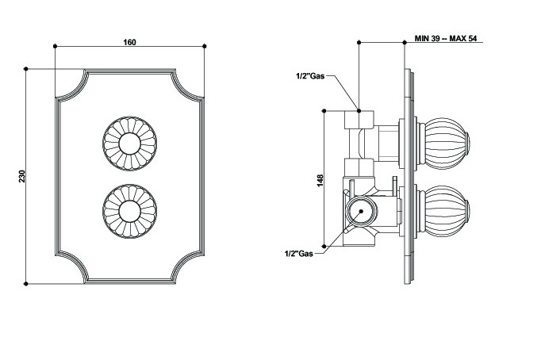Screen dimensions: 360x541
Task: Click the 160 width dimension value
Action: tap(129, 42)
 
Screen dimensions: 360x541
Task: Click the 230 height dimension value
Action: tap(23, 175)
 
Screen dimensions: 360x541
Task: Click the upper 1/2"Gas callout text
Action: tap(309, 76)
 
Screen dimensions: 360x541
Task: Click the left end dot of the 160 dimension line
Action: tap(55, 47)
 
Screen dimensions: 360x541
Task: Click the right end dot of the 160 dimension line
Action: tap(205, 47)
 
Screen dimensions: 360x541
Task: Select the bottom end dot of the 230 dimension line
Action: tap(26, 282)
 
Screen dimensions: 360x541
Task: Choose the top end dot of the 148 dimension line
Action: tap(325, 112)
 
